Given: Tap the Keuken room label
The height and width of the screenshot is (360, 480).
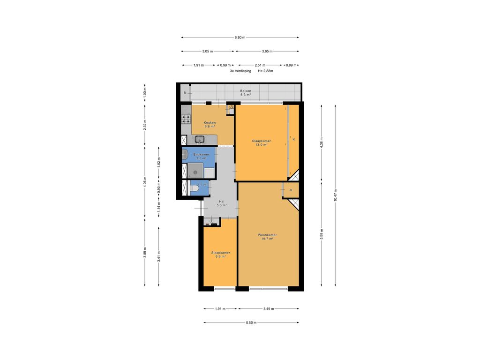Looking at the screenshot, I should point(210,123).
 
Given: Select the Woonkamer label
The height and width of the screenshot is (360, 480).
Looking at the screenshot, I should point(267,235).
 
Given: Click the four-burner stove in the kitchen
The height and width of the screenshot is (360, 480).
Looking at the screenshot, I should point(186,119).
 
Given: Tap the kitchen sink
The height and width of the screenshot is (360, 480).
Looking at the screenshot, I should point(199,139).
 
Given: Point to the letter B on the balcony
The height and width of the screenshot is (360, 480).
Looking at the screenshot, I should point(185,93).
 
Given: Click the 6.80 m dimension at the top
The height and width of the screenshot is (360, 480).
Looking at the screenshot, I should point(240,37).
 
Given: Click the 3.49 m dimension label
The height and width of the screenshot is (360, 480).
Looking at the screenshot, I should point(268,309).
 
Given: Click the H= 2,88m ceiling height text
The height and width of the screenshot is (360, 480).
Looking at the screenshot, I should point(265,71).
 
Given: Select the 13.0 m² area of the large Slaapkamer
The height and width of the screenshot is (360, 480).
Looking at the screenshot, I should point(261,145).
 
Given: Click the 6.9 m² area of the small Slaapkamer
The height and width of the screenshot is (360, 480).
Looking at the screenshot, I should point(220,256).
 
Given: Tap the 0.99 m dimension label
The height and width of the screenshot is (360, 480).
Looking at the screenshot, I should point(226,65).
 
